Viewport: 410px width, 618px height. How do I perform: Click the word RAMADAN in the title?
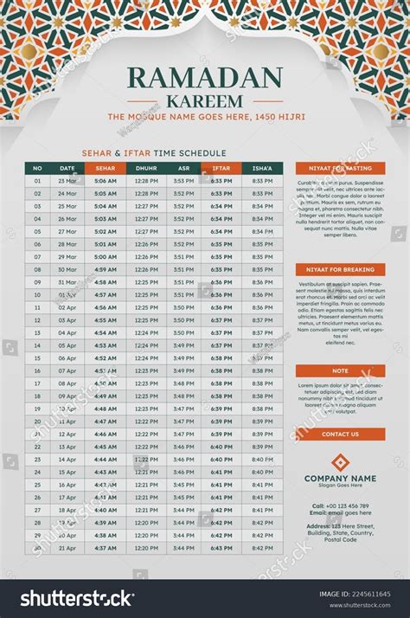205,78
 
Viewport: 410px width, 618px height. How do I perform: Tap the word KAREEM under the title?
205,101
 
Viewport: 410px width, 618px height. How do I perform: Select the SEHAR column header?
106,168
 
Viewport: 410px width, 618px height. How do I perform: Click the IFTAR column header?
221,168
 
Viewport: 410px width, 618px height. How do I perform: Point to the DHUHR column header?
146,168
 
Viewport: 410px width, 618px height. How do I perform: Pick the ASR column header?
183,168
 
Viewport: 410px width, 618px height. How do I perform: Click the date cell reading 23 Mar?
67,181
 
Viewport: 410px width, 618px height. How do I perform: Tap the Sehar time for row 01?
106,181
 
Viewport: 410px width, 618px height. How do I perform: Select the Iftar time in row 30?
221,548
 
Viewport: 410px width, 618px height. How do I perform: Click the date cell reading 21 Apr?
67,548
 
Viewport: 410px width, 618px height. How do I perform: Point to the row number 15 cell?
37,358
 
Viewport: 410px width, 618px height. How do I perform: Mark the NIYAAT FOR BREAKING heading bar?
340,269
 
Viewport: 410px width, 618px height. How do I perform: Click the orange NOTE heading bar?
340,370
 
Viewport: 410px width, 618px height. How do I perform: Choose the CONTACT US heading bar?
340,435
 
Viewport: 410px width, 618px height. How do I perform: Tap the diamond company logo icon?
340,462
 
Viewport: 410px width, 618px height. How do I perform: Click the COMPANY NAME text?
340,478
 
